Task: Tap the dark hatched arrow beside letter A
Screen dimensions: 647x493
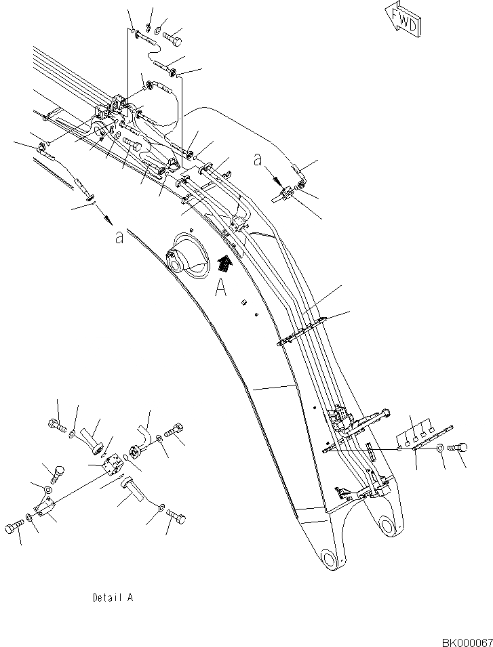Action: coord(224,263)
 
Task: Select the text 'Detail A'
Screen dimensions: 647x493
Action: coord(113,598)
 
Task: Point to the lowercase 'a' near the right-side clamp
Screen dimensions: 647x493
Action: coord(257,160)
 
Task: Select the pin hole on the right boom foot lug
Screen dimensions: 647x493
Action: coord(387,526)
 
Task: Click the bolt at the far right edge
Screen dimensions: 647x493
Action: coord(456,448)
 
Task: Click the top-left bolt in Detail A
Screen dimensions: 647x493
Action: coord(57,425)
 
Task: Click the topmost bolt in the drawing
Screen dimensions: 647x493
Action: coord(174,37)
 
